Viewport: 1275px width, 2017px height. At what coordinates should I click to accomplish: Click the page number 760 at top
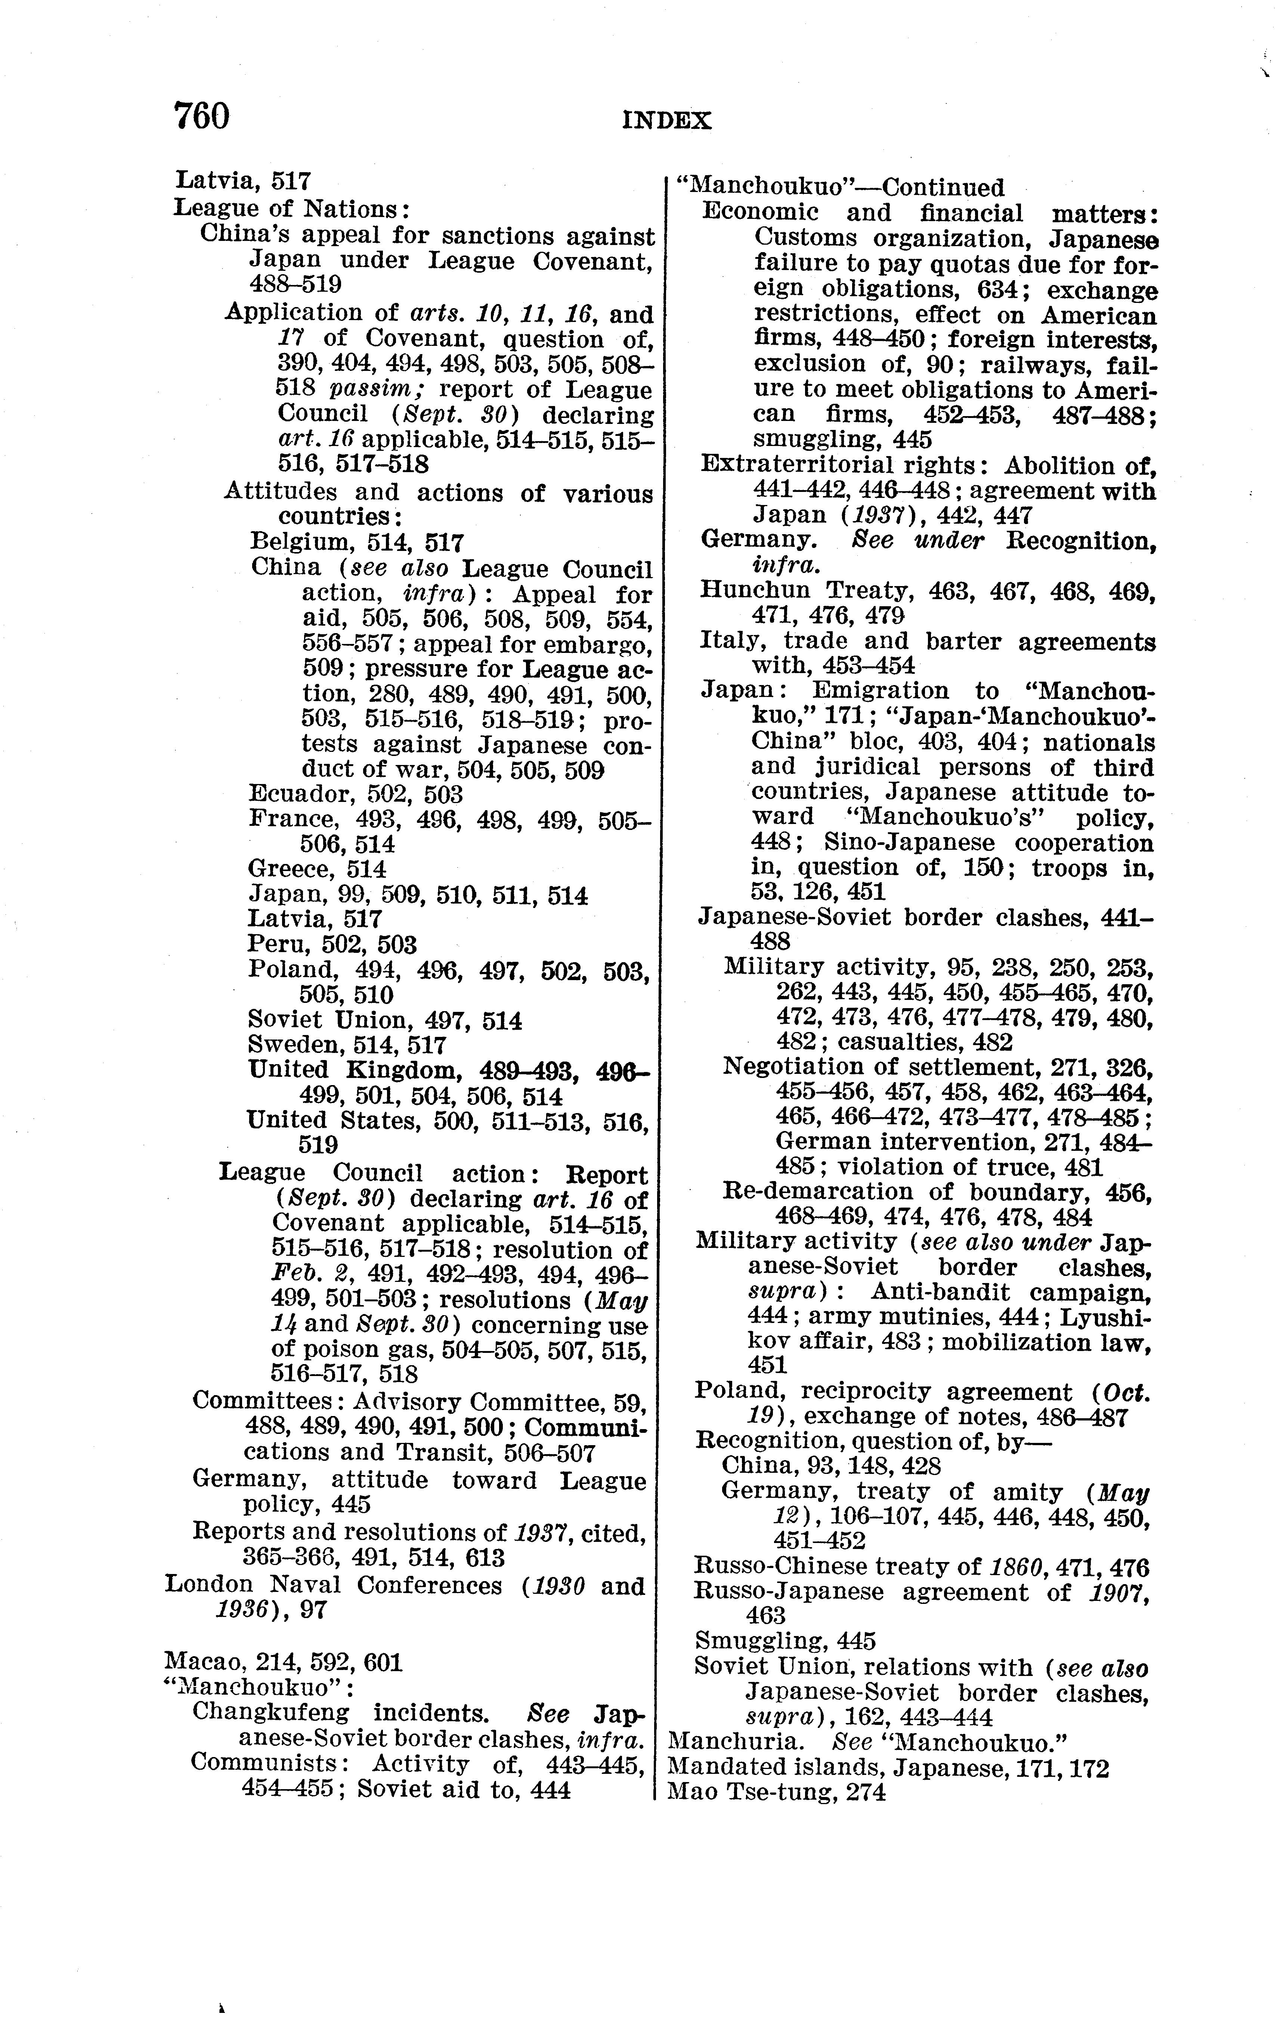[x=201, y=117]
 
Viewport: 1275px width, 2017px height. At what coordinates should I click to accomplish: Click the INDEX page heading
[x=667, y=121]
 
